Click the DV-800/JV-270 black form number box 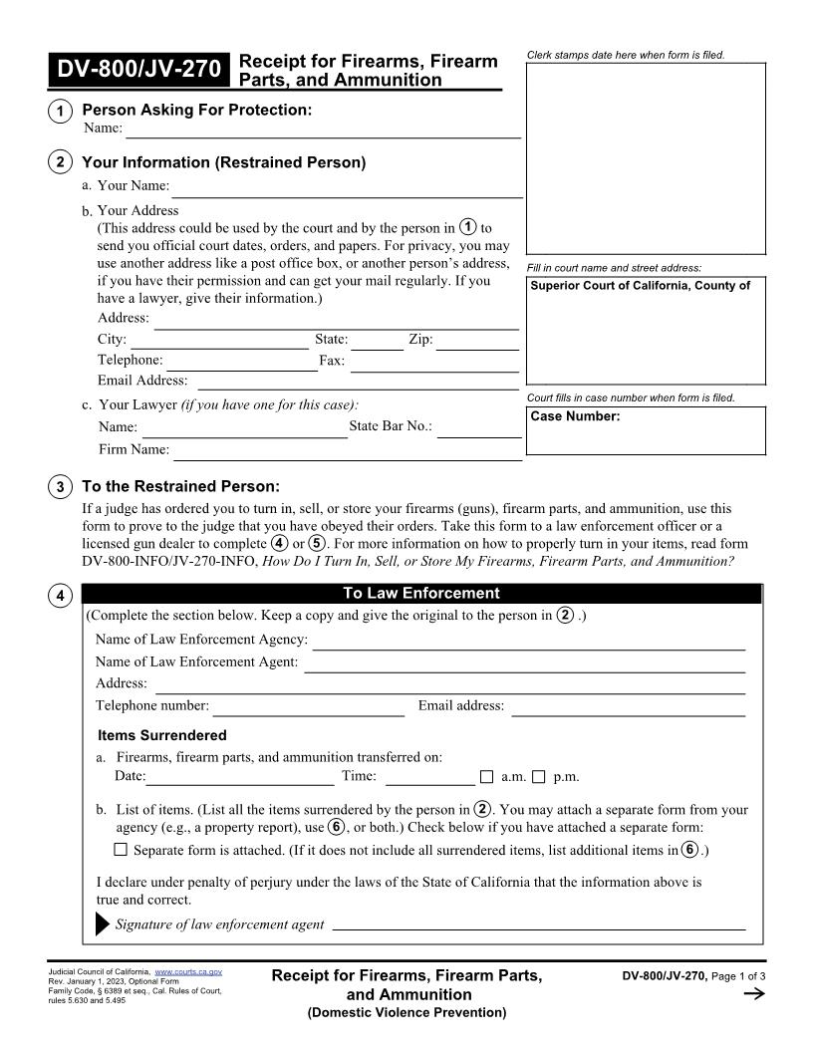tap(138, 70)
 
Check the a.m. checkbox tap(487, 777)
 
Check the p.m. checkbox tap(539, 777)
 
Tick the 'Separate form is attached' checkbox tap(121, 850)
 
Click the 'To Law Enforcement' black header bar tap(421, 594)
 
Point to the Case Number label tap(575, 416)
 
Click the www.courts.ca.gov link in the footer tap(188, 970)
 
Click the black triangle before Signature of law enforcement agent tap(103, 924)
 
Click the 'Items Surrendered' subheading tap(162, 735)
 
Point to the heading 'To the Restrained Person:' tap(180, 486)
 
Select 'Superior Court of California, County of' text tap(640, 286)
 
